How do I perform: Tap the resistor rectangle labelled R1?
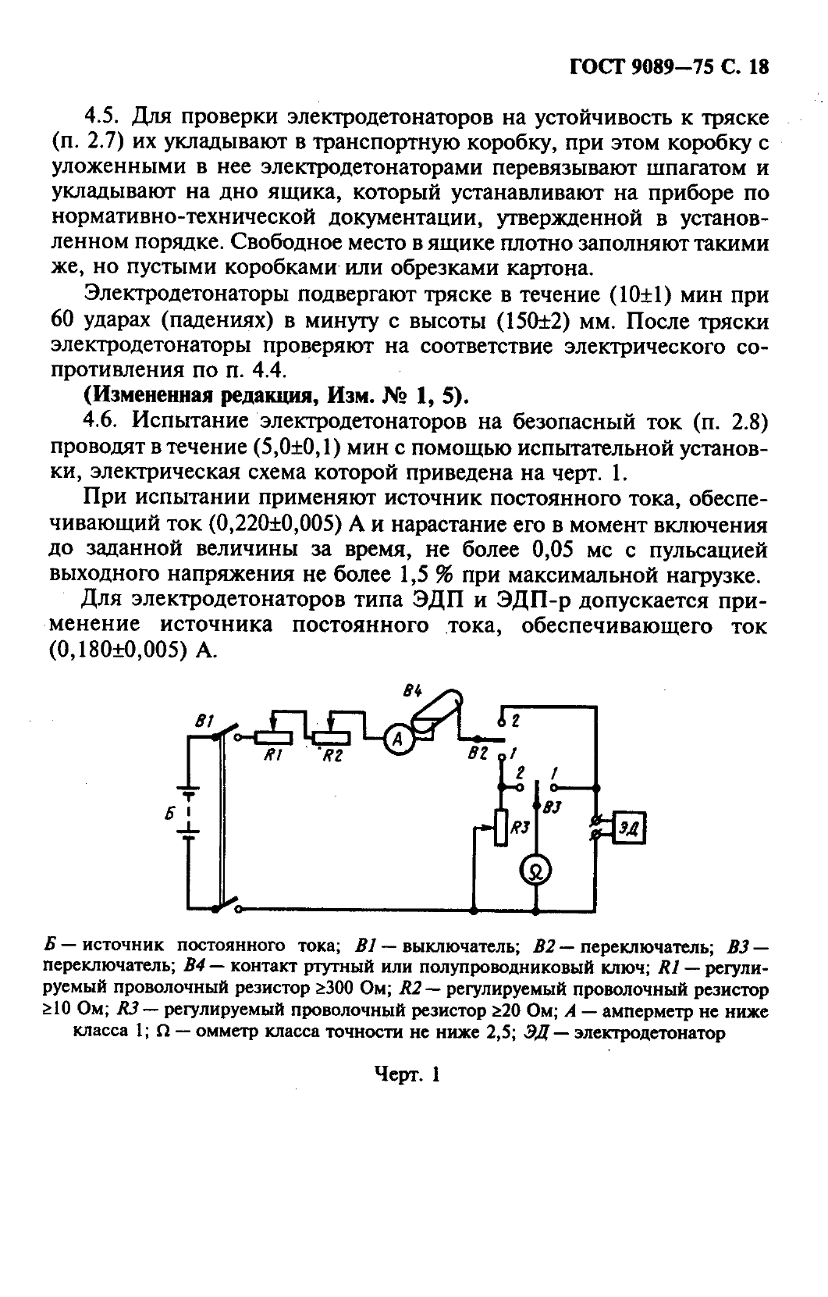tap(273, 737)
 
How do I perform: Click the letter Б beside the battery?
tap(169, 814)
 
